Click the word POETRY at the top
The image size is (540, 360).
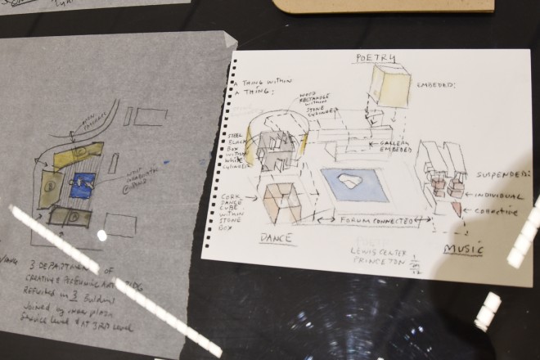376,58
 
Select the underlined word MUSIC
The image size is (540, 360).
462,249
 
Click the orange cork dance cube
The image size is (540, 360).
280,202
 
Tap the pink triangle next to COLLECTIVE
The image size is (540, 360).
456,209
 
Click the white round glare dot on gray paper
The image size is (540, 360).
101,236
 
